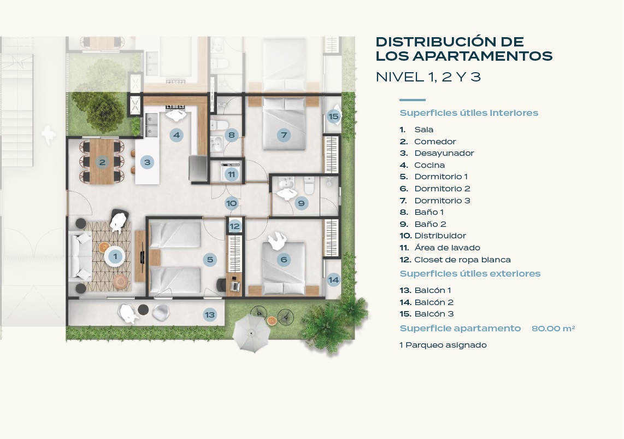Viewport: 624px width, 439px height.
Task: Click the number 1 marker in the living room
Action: pos(115,256)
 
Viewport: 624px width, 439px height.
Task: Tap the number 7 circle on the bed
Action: pos(284,135)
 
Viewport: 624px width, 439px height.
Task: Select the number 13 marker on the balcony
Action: pos(210,315)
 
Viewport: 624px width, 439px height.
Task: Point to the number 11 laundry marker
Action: pos(231,174)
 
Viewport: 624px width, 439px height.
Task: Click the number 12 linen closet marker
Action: pos(235,226)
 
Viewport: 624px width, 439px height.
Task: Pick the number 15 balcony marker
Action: pos(333,116)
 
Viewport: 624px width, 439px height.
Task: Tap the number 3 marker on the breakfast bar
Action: pos(147,162)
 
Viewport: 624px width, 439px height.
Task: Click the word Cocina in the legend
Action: pos(429,165)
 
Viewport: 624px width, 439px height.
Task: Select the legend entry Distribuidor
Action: pos(440,236)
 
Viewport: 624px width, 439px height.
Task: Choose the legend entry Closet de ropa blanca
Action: pos(462,260)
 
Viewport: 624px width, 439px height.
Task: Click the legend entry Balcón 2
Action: pos(434,302)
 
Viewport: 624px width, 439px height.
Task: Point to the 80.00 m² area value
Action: pos(553,329)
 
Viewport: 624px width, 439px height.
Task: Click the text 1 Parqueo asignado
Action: pos(443,345)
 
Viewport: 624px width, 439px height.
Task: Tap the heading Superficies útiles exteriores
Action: pos(470,273)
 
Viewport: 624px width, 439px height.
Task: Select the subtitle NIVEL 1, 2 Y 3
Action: pos(428,77)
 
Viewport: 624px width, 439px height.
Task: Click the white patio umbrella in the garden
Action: pos(251,333)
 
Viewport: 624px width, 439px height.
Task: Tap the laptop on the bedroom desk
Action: pos(235,285)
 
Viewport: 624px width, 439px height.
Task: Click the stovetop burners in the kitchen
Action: pos(175,107)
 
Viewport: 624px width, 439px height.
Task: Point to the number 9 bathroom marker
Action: pos(301,203)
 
